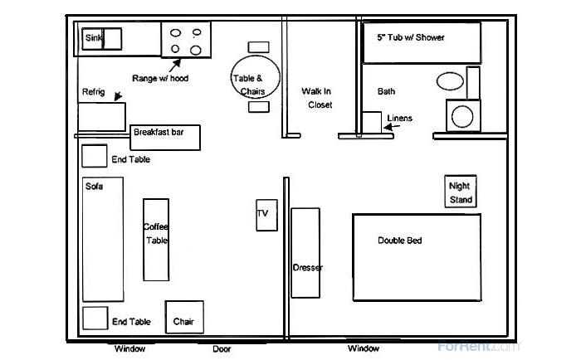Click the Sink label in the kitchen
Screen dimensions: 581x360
[x=93, y=38]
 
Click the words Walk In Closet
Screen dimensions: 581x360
[x=316, y=98]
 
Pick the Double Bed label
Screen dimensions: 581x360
[x=400, y=241]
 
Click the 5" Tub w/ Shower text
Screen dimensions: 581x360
[x=411, y=37]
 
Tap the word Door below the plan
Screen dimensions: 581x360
[x=222, y=349]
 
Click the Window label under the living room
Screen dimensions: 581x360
[x=129, y=348]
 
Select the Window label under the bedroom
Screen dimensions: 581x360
[x=364, y=348]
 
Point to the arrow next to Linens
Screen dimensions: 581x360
[x=392, y=127]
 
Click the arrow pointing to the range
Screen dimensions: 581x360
[x=175, y=66]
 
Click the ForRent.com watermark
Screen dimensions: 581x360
[x=479, y=347]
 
